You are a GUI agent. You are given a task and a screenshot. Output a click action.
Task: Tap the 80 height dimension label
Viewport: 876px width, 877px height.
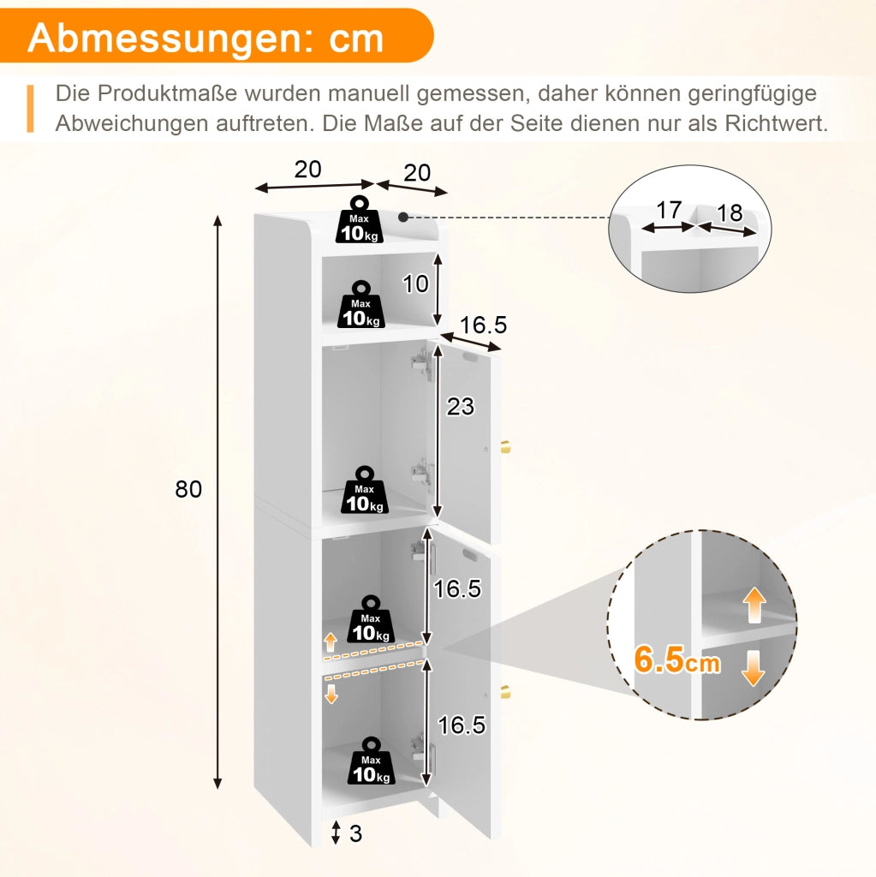tap(188, 489)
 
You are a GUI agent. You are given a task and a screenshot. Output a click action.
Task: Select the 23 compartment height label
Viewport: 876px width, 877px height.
tap(461, 407)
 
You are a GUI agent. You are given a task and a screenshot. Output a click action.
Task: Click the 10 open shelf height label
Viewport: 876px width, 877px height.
tap(415, 284)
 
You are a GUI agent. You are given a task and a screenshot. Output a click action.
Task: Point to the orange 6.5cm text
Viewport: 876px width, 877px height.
tap(676, 660)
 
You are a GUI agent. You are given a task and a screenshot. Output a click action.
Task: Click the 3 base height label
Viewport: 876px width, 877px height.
tap(355, 833)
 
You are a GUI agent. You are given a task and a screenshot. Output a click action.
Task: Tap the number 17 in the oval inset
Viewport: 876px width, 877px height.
tap(669, 211)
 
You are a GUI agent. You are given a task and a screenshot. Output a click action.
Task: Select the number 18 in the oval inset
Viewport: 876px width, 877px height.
tap(730, 212)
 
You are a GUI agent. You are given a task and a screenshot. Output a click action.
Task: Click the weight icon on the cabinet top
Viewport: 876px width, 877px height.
tap(359, 219)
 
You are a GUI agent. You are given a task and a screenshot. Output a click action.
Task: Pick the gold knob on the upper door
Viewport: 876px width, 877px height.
tap(505, 448)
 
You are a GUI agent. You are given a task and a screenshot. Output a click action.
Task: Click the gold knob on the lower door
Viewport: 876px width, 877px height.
tap(505, 691)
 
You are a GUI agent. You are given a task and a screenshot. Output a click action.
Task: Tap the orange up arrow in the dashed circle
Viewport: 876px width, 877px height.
tap(754, 605)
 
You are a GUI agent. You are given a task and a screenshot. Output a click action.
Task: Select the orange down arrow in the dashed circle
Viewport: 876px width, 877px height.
tap(753, 668)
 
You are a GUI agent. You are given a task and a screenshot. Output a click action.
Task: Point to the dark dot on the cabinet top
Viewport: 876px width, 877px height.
tap(402, 217)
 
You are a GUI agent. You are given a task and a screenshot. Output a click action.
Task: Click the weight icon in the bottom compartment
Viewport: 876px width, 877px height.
tap(371, 761)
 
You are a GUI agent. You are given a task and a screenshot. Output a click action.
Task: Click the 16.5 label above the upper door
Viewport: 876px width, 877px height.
tap(483, 325)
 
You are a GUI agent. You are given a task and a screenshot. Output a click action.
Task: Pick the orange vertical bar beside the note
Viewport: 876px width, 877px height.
tap(30, 109)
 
